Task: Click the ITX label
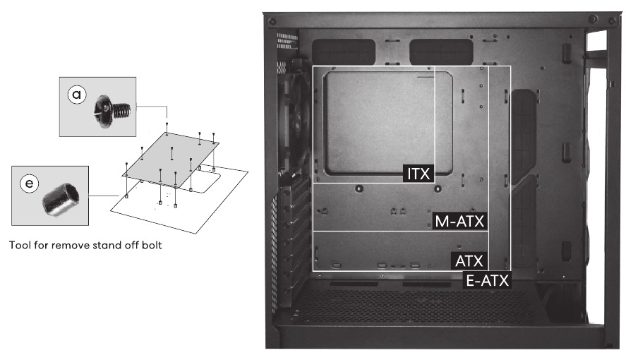419,174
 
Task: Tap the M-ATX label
459,221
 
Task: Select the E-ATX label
488,280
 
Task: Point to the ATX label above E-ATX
469,261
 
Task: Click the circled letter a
77,95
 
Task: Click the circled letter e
29,184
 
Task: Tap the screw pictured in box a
112,112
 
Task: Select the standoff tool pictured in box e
61,199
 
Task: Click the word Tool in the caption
20,245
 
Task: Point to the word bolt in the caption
152,245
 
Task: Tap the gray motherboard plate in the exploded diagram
171,160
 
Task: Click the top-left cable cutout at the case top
343,52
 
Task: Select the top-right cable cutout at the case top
441,52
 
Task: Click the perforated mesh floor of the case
411,306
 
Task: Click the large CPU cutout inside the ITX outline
388,124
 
